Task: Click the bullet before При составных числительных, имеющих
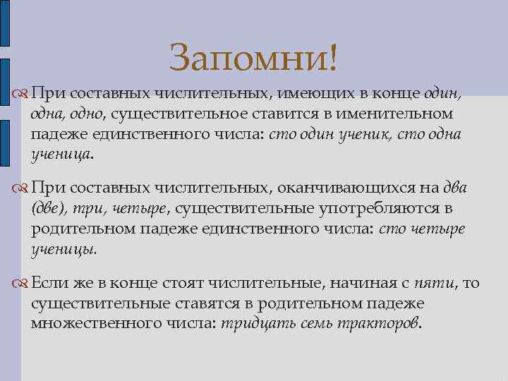22,95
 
